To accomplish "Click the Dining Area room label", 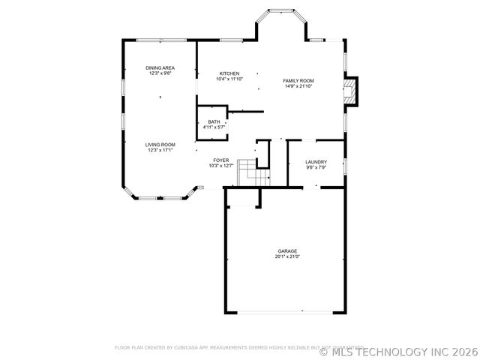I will click(160, 68).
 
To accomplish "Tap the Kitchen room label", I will click(229, 73).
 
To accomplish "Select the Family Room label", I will click(298, 80).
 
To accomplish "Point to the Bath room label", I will click(214, 122).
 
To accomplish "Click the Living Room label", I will click(160, 145).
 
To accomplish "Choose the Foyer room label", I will click(220, 160).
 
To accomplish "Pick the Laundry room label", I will click(316, 162).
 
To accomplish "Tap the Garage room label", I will click(287, 251).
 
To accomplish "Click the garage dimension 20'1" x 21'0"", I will click(287, 257).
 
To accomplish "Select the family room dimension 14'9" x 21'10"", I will click(298, 86).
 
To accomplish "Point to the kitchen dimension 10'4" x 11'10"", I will click(229, 79).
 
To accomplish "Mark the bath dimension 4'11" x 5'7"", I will click(214, 127).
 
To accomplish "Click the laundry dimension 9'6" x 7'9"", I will click(316, 168).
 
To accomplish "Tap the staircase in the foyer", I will click(253, 174).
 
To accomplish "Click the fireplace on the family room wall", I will click(351, 91).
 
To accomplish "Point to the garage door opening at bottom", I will click(287, 312).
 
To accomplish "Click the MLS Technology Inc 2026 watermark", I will click(399, 350).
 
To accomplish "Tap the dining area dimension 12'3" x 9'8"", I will click(160, 73).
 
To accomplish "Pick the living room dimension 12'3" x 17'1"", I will click(160, 151).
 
